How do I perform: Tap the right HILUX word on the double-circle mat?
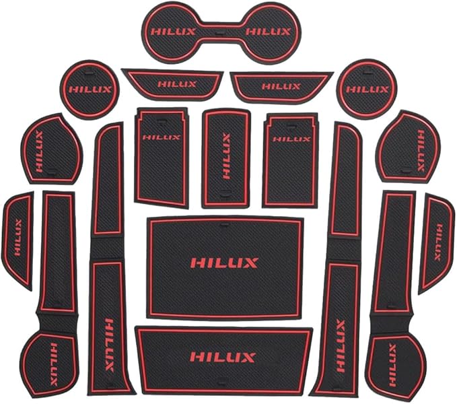pyautogui.click(x=269, y=32)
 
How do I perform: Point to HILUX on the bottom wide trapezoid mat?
pyautogui.click(x=223, y=357)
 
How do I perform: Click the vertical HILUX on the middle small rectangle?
pyautogui.click(x=227, y=155)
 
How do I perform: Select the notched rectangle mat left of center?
pyautogui.click(x=161, y=156)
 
